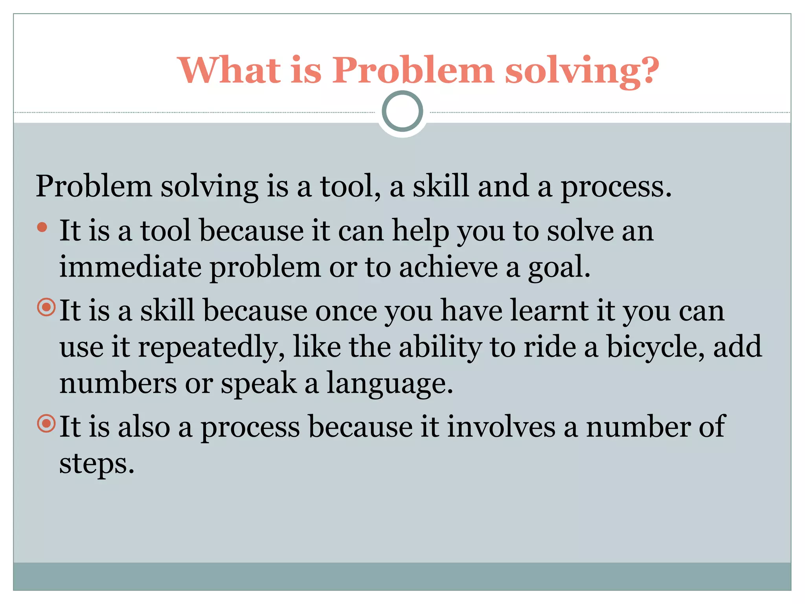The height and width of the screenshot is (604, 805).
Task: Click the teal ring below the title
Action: click(x=402, y=111)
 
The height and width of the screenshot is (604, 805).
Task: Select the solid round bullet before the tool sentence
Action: click(x=42, y=227)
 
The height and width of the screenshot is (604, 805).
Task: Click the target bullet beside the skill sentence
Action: click(x=46, y=307)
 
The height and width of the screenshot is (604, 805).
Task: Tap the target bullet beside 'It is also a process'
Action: click(x=46, y=424)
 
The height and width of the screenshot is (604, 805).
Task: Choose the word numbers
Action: click(x=118, y=383)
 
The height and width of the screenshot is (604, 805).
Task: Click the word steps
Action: click(x=96, y=464)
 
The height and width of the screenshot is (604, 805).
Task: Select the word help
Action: click(x=421, y=231)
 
